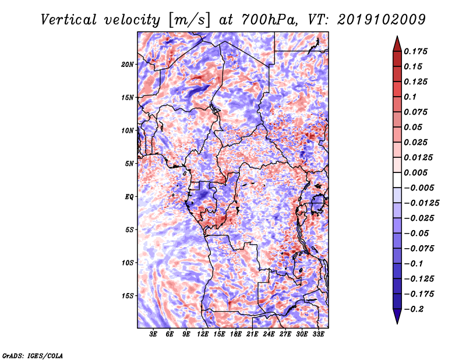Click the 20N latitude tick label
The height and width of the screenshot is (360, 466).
click(x=128, y=65)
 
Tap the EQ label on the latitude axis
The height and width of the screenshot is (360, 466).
click(x=129, y=197)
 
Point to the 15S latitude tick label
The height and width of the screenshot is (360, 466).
click(x=128, y=296)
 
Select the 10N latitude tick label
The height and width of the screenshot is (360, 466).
click(x=128, y=130)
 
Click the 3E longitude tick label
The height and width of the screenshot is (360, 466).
click(x=153, y=334)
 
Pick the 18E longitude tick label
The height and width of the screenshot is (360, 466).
click(x=236, y=334)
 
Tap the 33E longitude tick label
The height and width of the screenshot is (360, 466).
click(x=318, y=334)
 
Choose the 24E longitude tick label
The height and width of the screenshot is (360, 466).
click(x=269, y=334)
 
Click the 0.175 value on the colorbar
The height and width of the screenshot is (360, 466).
click(x=415, y=51)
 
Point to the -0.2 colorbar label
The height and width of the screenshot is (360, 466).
click(x=414, y=309)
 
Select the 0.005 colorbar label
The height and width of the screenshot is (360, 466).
click(x=415, y=172)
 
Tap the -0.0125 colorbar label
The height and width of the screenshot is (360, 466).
click(x=421, y=203)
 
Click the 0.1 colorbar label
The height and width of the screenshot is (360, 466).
click(x=410, y=97)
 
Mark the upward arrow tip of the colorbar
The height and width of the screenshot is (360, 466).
click(x=397, y=36)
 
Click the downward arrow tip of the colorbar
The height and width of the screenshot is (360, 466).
click(x=397, y=323)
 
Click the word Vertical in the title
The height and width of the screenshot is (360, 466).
click(x=69, y=20)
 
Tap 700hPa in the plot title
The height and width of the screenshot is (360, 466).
click(x=269, y=20)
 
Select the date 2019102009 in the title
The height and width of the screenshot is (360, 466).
click(x=382, y=20)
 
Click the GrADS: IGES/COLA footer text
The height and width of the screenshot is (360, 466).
click(x=33, y=356)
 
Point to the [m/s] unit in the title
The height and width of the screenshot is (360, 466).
click(x=189, y=20)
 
